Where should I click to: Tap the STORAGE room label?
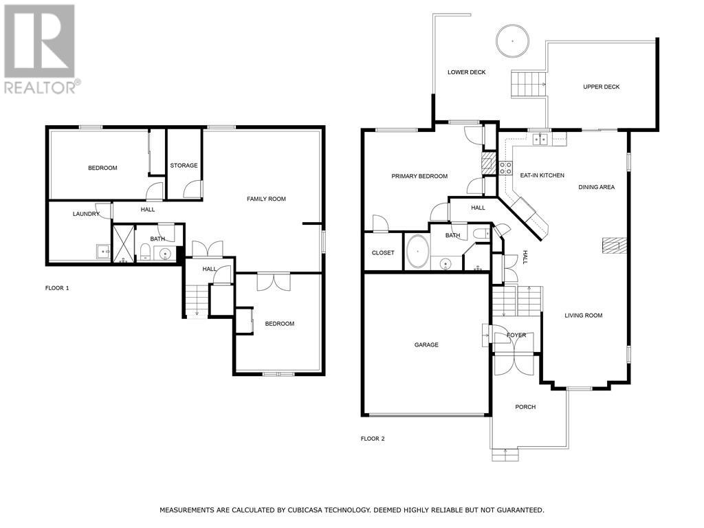[x=184, y=166]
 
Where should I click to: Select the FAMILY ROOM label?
[x=266, y=199]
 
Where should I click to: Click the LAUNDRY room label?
[x=86, y=214]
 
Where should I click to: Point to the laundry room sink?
[x=103, y=252]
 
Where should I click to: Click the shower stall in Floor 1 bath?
[x=123, y=244]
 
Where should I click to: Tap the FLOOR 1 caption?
[x=57, y=288]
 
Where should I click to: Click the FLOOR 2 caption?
[x=373, y=439]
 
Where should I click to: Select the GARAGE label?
[x=426, y=345]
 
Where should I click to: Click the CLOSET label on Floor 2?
[x=383, y=253]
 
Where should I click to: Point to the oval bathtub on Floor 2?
[x=417, y=252]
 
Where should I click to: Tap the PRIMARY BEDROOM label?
[x=419, y=177]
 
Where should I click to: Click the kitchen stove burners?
[x=505, y=168]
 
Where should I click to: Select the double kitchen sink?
[x=540, y=140]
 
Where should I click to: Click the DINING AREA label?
[x=596, y=187]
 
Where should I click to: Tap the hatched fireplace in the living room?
[x=611, y=245]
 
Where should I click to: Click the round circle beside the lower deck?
[x=512, y=41]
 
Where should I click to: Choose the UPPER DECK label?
[x=601, y=87]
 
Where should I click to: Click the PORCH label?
[x=525, y=407]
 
